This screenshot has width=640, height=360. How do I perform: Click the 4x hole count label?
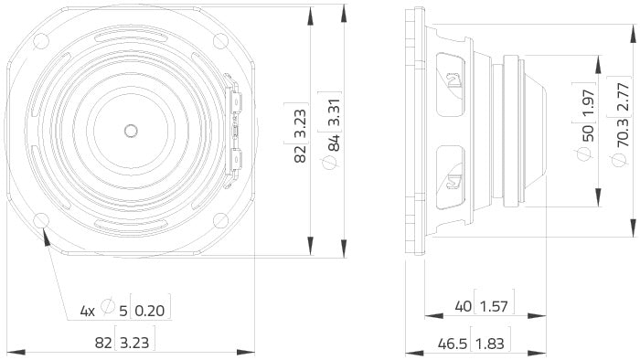88,312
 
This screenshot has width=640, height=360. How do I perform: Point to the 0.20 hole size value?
151,312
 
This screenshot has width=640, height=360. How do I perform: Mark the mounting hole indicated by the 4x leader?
41,220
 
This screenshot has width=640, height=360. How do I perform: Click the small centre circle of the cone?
131,131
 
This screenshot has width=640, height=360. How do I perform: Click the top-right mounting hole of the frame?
220,41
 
